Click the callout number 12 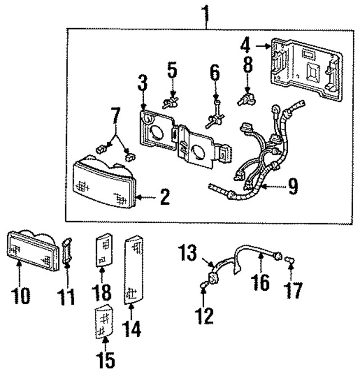pyautogui.click(x=205, y=315)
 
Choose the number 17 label pyautogui.click(x=292, y=291)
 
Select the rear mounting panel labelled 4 pyautogui.click(x=307, y=70)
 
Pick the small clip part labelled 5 pyautogui.click(x=171, y=102)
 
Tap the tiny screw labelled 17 pyautogui.click(x=288, y=260)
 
